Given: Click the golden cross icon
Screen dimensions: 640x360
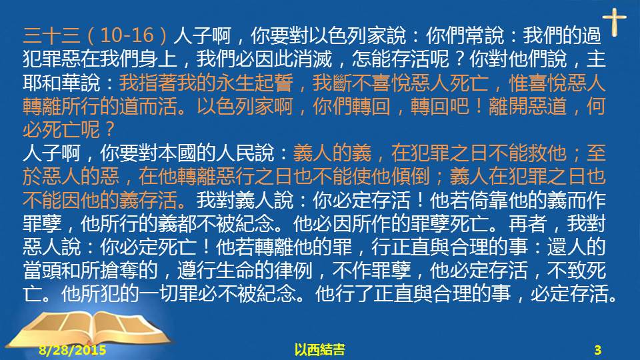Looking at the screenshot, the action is (614, 22).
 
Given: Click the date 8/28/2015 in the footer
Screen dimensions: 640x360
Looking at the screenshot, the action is (73, 350).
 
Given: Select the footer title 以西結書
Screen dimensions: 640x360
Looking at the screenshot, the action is (319, 349).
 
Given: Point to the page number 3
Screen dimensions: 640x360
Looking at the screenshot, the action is (598, 350).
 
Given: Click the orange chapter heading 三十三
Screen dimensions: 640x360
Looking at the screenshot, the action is (51, 35).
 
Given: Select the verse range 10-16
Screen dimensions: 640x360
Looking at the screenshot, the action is (127, 35).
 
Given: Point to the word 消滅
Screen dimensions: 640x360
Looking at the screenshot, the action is (313, 59).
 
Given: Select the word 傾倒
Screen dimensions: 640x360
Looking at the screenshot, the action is (410, 177).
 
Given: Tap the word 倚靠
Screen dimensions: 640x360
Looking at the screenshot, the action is (488, 201).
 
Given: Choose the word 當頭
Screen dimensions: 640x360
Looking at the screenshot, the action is (42, 271).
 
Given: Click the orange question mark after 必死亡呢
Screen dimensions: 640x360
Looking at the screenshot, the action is (109, 130).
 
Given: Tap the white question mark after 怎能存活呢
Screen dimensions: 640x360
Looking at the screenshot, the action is (459, 59).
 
